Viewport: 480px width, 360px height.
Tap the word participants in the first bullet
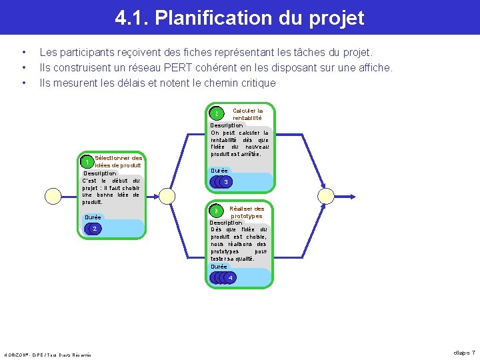[x=89, y=52]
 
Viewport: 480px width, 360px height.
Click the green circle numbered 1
[x=86, y=162]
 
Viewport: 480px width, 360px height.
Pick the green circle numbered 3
[x=216, y=211]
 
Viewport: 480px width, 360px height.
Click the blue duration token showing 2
[x=95, y=229]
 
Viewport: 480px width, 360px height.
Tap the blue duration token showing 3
[x=227, y=182]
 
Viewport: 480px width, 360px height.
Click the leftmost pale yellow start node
[x=53, y=195]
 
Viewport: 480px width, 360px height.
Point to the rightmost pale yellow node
[x=327, y=195]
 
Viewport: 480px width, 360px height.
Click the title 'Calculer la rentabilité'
[x=247, y=114]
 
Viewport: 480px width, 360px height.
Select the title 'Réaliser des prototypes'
[x=247, y=212]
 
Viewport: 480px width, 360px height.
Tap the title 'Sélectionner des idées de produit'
[x=119, y=161]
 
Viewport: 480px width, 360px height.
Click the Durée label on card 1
[x=93, y=217]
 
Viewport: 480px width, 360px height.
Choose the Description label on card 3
[x=226, y=223]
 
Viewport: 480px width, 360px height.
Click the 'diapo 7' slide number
[x=464, y=352]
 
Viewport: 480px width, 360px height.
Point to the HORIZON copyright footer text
[x=47, y=353]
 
